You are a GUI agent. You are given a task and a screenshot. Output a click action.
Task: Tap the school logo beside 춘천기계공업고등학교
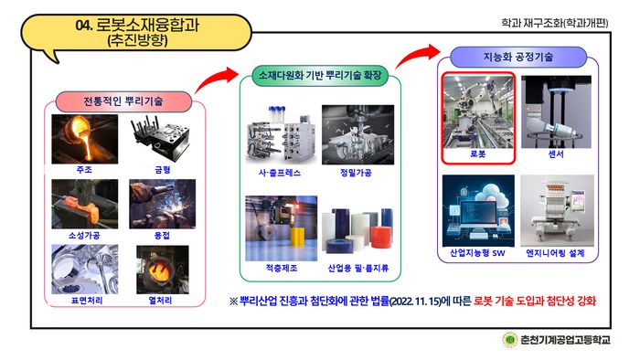tap(509, 341)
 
